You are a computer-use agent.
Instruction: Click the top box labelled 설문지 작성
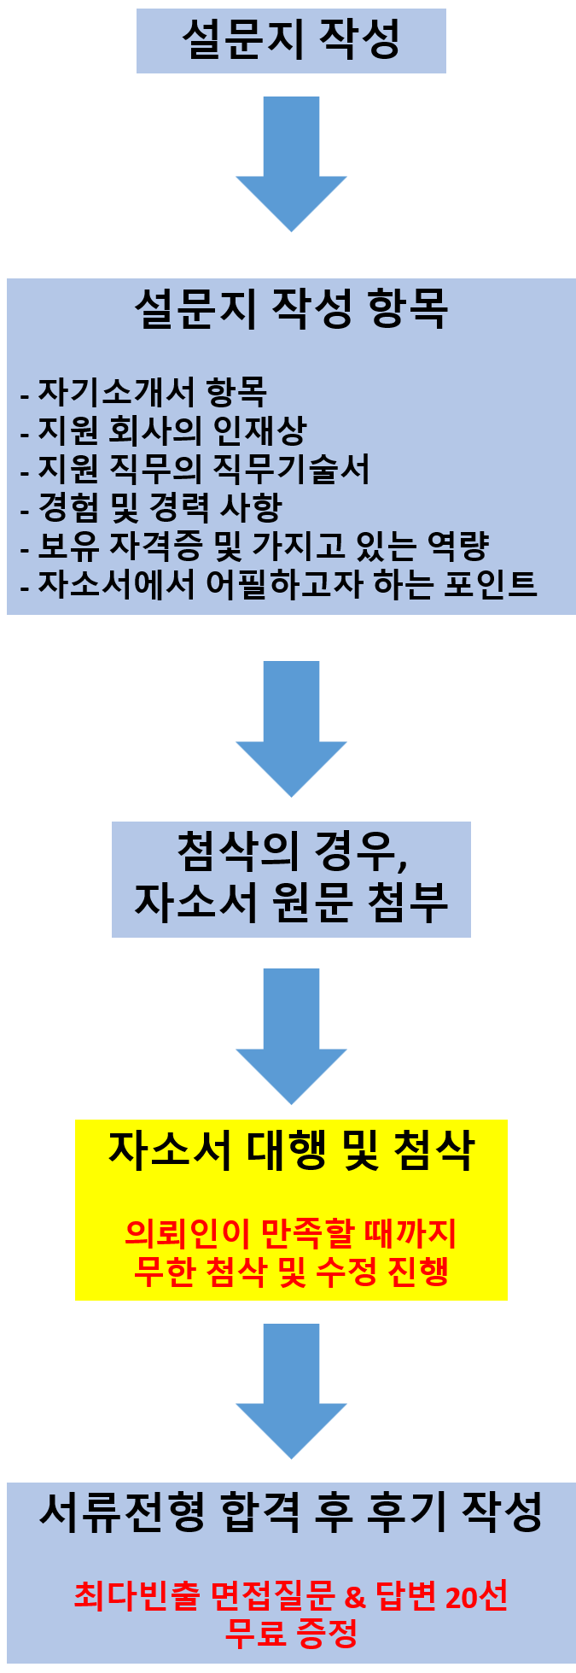click(x=291, y=40)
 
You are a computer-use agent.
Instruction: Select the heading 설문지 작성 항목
click(x=291, y=308)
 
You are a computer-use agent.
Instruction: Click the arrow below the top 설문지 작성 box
click(x=291, y=162)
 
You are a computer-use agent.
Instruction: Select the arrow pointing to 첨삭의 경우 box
click(x=291, y=728)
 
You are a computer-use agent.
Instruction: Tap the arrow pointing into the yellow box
click(x=291, y=1035)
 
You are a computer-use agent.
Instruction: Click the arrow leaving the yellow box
click(x=291, y=1390)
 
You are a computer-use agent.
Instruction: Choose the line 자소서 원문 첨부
click(x=291, y=902)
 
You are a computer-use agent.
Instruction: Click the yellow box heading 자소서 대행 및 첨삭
click(x=291, y=1150)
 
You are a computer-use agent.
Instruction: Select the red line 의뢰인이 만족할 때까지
click(x=291, y=1233)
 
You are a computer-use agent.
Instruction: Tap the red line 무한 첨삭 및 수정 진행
click(x=291, y=1272)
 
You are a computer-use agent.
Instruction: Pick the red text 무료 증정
click(x=291, y=1633)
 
